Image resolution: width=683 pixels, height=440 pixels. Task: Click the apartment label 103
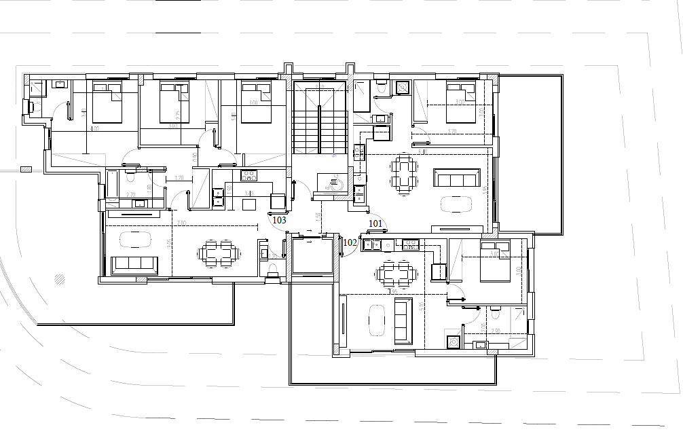(279, 220)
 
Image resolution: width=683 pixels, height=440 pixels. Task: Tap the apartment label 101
(375, 223)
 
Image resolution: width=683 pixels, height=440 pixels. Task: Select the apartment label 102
(350, 242)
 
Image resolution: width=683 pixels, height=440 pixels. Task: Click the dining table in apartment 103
(219, 253)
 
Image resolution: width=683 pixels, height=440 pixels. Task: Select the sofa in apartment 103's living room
(134, 264)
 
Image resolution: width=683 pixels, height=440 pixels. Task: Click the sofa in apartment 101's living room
(457, 179)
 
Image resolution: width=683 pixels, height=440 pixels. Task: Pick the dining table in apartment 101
(403, 174)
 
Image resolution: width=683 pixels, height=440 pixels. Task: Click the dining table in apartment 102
(396, 274)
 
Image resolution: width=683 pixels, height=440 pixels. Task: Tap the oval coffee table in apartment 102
(376, 319)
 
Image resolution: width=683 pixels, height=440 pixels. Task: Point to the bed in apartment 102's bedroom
(494, 261)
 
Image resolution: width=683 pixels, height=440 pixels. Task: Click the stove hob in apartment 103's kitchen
(248, 177)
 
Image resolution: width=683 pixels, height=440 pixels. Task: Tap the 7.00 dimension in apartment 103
(181, 223)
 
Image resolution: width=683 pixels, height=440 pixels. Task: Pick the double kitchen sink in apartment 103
(219, 196)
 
